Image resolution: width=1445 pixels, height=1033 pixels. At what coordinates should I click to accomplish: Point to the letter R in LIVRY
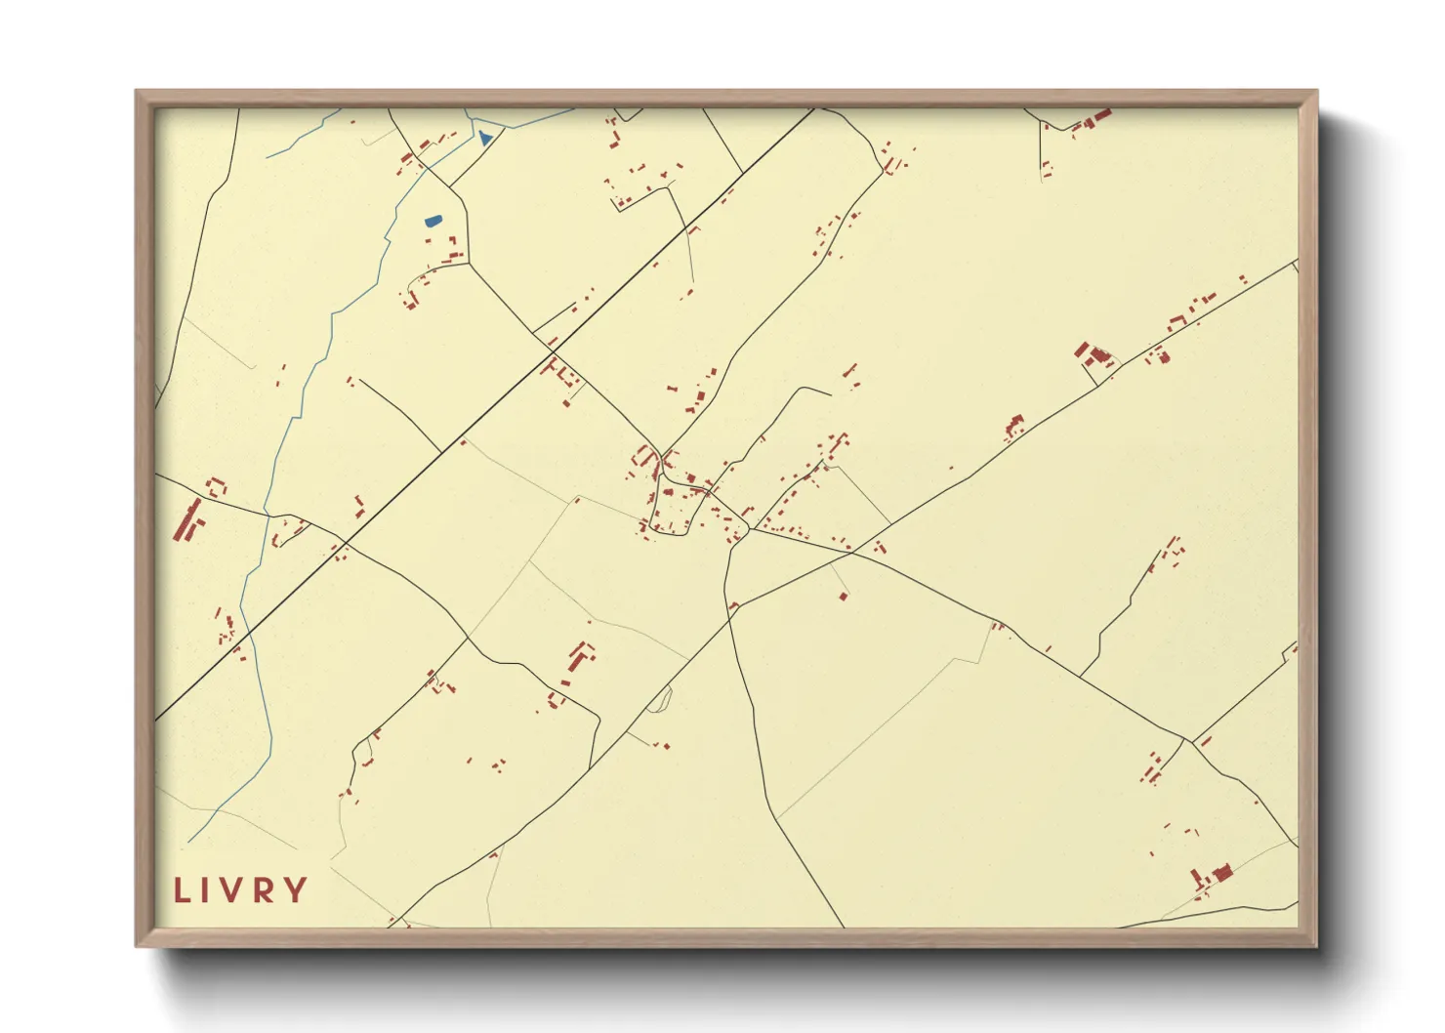265,890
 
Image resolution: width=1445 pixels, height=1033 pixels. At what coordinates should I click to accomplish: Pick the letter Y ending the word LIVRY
296,890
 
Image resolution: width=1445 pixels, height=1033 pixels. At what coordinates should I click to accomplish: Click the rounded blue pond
433,221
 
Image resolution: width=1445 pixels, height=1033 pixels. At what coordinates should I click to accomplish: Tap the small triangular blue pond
485,139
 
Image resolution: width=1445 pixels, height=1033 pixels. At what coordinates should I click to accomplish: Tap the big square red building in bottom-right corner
1220,872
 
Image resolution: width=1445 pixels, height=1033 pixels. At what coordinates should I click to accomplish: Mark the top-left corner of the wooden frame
137,92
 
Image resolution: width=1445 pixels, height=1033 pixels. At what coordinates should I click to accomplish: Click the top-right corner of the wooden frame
1316,92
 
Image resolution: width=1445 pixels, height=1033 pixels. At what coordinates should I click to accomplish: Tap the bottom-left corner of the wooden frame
137,945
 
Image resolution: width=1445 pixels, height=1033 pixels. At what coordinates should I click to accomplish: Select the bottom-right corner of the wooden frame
1316,945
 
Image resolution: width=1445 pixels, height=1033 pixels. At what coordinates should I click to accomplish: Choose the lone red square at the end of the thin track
844,596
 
